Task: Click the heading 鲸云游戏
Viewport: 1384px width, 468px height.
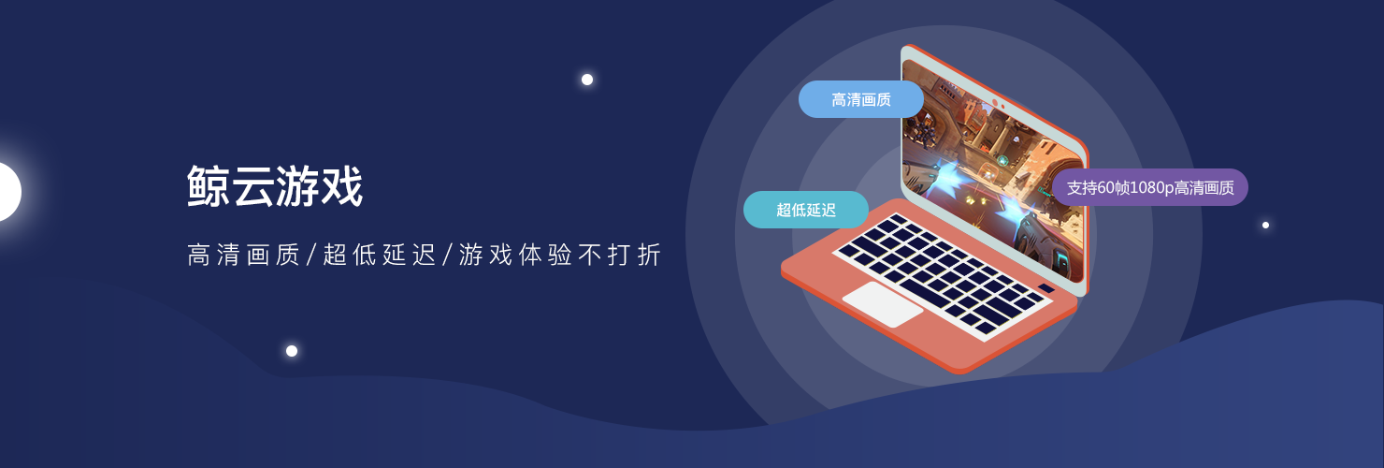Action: [x=274, y=185]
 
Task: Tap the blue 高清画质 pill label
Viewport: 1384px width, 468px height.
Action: [x=860, y=99]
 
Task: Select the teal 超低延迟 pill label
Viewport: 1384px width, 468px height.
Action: [x=806, y=210]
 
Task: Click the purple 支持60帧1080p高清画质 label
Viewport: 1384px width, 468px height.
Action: [x=1150, y=187]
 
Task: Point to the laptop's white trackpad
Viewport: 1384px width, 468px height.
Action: [x=883, y=303]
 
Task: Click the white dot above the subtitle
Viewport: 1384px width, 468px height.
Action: [x=587, y=80]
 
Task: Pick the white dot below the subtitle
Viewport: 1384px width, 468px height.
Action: [x=292, y=351]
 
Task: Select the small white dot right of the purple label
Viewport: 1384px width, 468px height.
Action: [x=1265, y=225]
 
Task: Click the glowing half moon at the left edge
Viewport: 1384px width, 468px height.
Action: [x=8, y=192]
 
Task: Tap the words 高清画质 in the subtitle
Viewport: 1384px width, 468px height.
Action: [x=243, y=254]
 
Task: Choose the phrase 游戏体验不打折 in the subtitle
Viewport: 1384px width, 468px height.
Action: [x=560, y=254]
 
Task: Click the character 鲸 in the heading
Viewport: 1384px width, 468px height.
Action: [x=209, y=185]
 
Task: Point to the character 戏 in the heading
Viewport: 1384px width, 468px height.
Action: [x=341, y=185]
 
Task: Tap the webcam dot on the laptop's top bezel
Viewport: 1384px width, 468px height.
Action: [x=995, y=102]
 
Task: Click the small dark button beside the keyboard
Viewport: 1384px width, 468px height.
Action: [x=1046, y=288]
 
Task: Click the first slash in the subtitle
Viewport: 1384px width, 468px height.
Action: [x=312, y=254]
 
